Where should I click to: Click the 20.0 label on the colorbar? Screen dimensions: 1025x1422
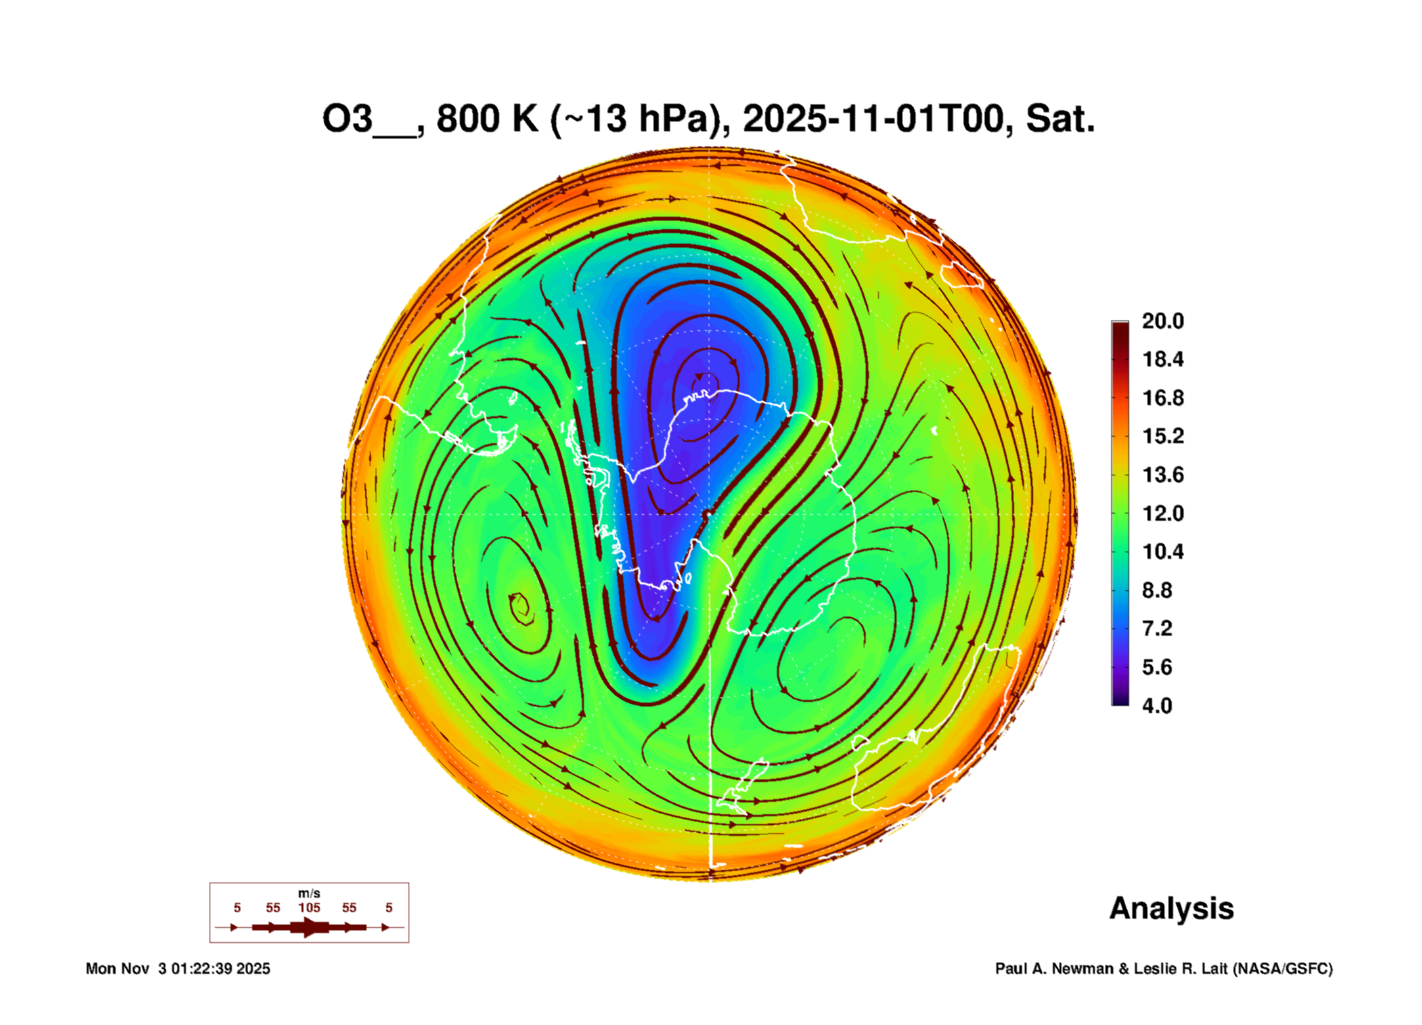click(1162, 321)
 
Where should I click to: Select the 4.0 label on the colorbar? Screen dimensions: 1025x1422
click(1157, 706)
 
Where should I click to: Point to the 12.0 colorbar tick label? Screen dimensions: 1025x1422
click(1162, 513)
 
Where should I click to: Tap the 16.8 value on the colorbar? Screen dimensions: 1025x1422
click(1162, 398)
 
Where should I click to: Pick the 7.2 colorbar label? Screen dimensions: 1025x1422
click(1157, 629)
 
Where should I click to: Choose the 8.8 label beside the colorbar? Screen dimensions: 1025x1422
click(1157, 590)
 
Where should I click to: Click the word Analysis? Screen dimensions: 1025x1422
click(1171, 908)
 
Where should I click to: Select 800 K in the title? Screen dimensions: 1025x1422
click(487, 120)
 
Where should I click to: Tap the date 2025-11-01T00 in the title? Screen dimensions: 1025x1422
click(874, 120)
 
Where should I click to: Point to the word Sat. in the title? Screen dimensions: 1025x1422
click(1059, 120)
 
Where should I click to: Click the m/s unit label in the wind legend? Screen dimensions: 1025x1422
click(309, 893)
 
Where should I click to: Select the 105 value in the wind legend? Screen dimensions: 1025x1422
click(309, 907)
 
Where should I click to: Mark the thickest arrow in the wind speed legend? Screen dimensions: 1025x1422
click(309, 927)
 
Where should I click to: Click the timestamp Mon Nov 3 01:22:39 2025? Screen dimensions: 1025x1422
click(177, 969)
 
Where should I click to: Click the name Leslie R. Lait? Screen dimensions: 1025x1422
click(1180, 969)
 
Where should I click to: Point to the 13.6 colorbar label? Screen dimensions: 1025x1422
click(1162, 475)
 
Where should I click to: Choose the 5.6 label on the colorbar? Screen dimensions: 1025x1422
click(1157, 667)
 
